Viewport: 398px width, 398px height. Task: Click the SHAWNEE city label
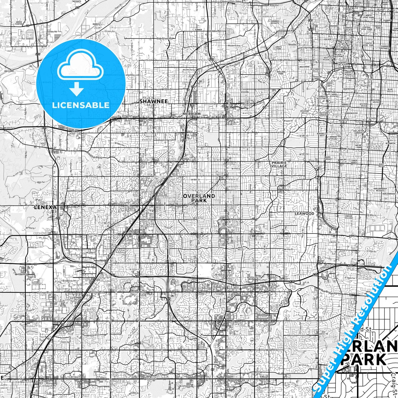click(153, 101)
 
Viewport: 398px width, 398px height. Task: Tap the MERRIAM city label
click(191, 114)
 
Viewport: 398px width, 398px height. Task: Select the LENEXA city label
click(45, 207)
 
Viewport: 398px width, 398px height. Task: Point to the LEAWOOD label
click(304, 213)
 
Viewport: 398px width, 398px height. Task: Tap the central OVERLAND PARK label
click(199, 198)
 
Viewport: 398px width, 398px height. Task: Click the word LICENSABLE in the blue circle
click(81, 105)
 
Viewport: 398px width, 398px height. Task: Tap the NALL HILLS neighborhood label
click(240, 249)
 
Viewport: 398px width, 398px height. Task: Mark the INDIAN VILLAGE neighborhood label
click(348, 217)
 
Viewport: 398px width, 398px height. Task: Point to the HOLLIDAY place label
click(9, 71)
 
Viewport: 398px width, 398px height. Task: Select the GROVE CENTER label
click(19, 23)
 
